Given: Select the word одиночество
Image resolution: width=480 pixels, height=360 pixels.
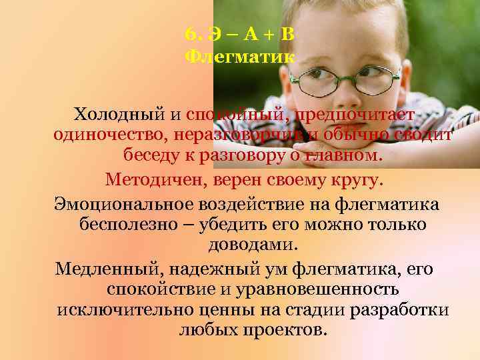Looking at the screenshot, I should (109, 135).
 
